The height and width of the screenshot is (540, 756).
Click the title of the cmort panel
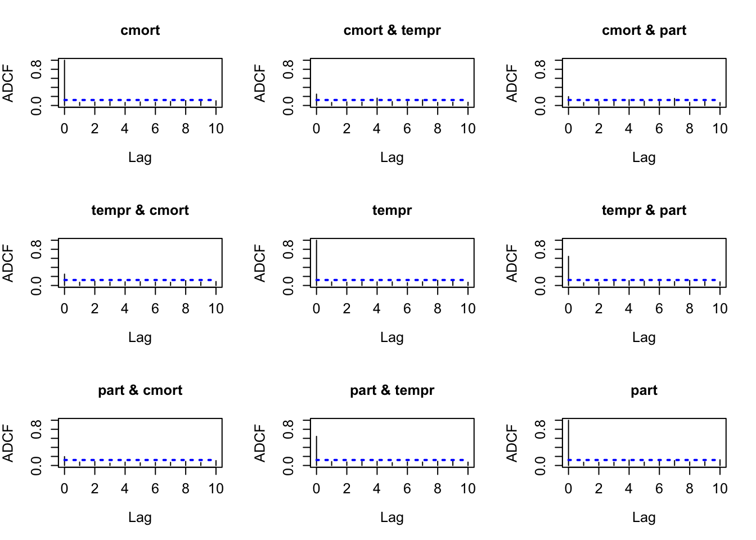pyautogui.click(x=140, y=30)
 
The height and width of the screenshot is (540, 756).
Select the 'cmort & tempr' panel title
pyautogui.click(x=392, y=30)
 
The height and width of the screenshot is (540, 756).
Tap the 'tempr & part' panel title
pyautogui.click(x=644, y=210)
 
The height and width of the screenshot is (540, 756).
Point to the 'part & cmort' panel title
pyautogui.click(x=140, y=390)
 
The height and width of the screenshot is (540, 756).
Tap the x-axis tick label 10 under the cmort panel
pyautogui.click(x=216, y=129)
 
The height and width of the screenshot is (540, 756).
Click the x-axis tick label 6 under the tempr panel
pyautogui.click(x=407, y=308)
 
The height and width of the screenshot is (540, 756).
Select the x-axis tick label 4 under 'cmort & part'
pyautogui.click(x=629, y=129)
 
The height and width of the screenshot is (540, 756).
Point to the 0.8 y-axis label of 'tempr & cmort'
pyautogui.click(x=36, y=249)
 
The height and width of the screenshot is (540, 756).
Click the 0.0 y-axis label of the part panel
pyautogui.click(x=540, y=465)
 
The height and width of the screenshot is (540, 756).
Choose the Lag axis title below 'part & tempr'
pyautogui.click(x=392, y=517)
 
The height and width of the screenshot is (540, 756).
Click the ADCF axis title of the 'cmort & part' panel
pyautogui.click(x=512, y=83)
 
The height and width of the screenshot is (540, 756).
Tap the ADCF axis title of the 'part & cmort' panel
pyautogui.click(x=8, y=443)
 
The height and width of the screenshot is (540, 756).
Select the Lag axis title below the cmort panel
pyautogui.click(x=140, y=157)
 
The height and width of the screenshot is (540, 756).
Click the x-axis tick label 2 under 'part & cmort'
pyautogui.click(x=95, y=488)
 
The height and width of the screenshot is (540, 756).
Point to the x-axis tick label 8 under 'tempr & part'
pyautogui.click(x=690, y=308)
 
